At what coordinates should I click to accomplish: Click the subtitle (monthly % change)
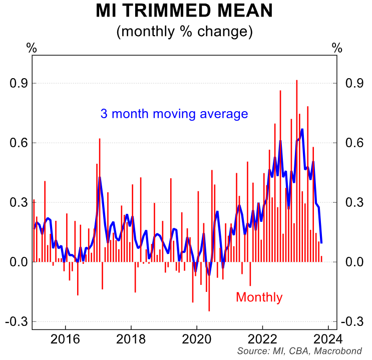pyautogui.click(x=184, y=32)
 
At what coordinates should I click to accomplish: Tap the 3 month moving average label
pyautogui.click(x=174, y=114)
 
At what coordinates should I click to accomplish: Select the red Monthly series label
pyautogui.click(x=259, y=297)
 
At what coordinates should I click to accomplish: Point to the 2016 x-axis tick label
pyautogui.click(x=66, y=339)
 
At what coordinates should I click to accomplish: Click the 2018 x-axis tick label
pyautogui.click(x=131, y=339)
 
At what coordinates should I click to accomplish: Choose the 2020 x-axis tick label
pyautogui.click(x=197, y=339)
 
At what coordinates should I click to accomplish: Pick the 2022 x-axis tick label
pyautogui.click(x=263, y=339)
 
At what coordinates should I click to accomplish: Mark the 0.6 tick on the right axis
pyautogui.click(x=353, y=143)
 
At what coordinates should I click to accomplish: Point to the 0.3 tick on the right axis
pyautogui.click(x=353, y=202)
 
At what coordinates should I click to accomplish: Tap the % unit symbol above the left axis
pyautogui.click(x=32, y=48)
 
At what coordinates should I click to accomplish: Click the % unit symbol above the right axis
pyautogui.click(x=337, y=48)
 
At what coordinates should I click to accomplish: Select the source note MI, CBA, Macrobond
pyautogui.click(x=299, y=351)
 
